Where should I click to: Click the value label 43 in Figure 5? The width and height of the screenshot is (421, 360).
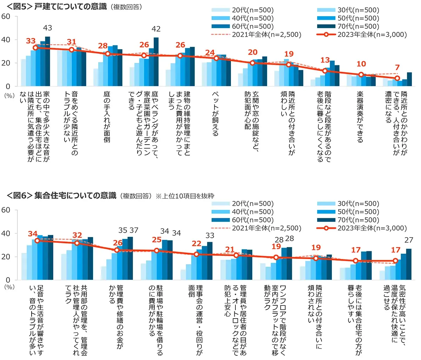click(47, 28)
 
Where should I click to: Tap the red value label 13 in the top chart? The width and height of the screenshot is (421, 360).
click(325, 60)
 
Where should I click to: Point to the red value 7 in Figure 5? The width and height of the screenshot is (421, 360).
click(397, 68)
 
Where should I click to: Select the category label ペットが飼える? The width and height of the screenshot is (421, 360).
click(215, 114)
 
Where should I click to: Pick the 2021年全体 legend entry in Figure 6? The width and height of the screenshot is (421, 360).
click(256, 228)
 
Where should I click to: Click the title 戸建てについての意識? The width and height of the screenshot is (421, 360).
click(70, 7)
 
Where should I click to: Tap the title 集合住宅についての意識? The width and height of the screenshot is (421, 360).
click(75, 195)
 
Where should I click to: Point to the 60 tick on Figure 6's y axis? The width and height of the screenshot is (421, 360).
click(6, 210)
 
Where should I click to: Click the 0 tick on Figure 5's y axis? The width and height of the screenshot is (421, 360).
click(8, 86)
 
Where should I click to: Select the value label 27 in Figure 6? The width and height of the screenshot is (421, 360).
click(409, 240)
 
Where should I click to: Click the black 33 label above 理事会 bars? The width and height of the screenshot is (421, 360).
click(210, 235)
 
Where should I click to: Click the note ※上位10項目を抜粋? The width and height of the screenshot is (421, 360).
click(185, 196)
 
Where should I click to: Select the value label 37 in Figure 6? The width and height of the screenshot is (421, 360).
click(134, 230)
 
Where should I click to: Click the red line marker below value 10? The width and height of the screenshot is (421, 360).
click(361, 75)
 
